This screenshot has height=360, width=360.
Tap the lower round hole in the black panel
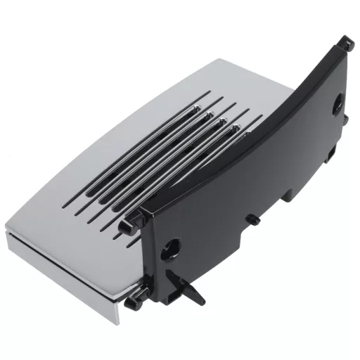171,247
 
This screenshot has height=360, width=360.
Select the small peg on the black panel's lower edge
255,220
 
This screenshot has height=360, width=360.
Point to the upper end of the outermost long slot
210,93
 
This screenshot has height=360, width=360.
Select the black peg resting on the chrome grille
124,226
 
